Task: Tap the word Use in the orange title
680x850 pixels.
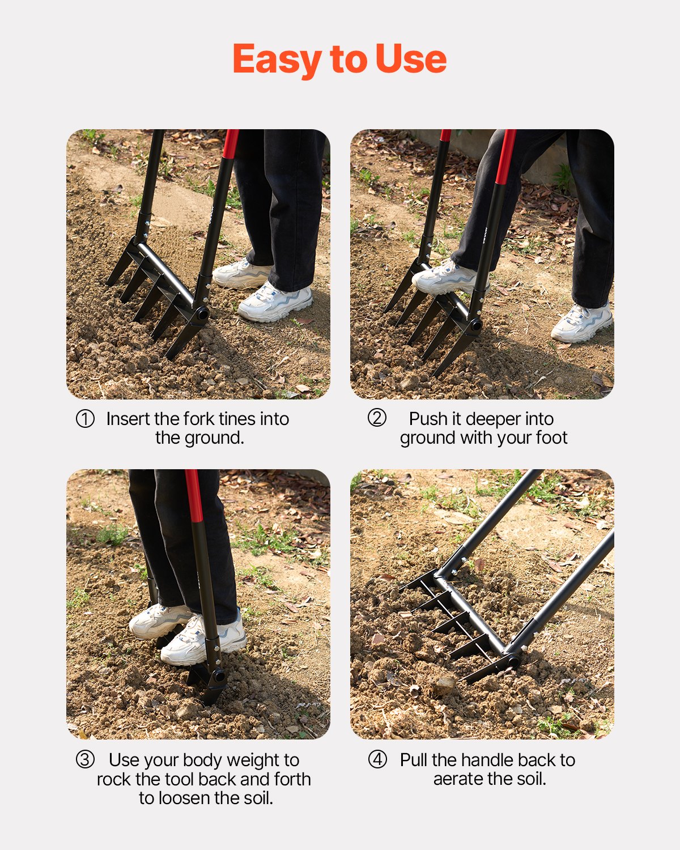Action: tap(411, 59)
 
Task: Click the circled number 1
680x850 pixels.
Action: tap(85, 419)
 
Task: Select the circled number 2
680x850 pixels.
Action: tap(377, 418)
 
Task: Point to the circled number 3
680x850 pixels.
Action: tap(85, 760)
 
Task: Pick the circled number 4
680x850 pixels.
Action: tap(377, 760)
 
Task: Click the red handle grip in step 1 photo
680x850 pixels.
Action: tap(230, 144)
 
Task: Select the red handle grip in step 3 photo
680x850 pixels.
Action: tap(194, 496)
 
